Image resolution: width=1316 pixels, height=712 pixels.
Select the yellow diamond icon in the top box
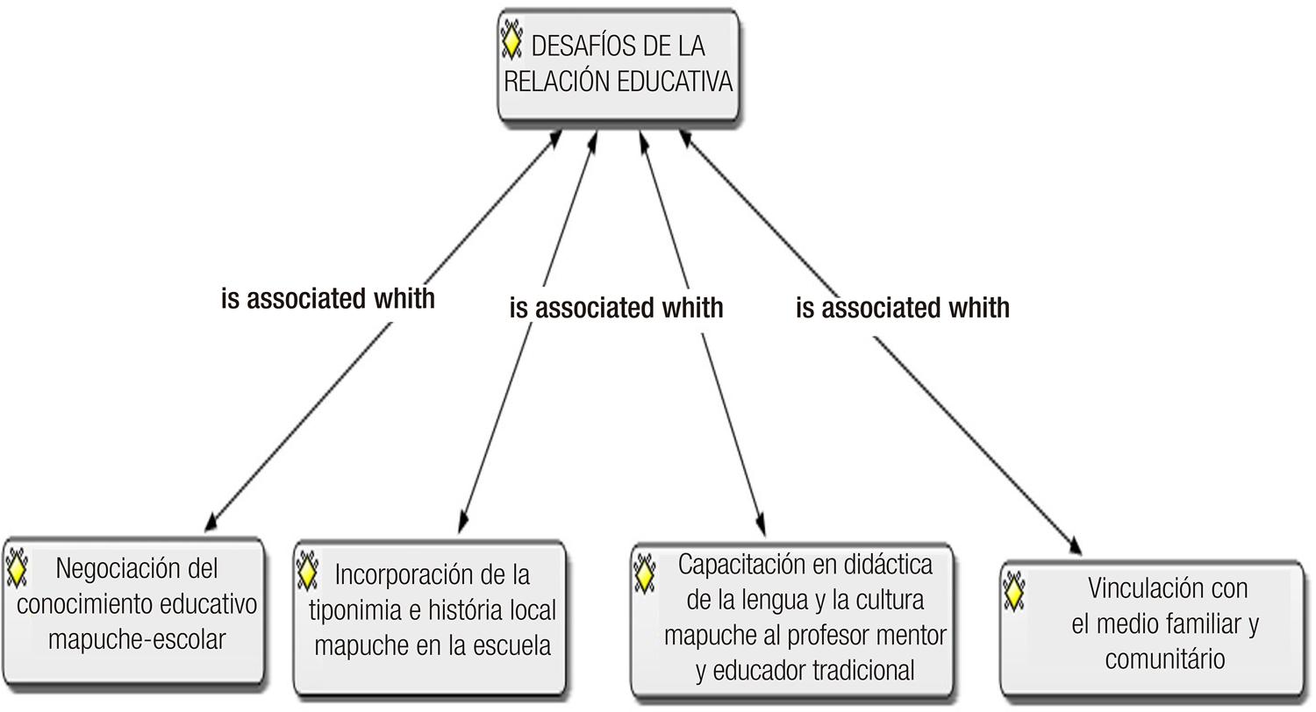click(x=511, y=41)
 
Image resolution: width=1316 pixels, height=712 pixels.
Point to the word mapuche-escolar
click(x=136, y=639)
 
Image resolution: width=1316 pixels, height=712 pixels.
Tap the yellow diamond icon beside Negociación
click(x=16, y=567)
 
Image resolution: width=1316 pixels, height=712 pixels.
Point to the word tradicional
click(x=863, y=671)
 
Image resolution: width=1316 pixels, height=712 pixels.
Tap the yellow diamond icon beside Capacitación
click(x=645, y=573)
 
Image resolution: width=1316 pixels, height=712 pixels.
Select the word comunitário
click(x=1164, y=659)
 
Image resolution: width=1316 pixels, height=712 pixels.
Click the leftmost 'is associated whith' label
click(x=328, y=298)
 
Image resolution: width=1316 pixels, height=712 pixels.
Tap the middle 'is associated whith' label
click(x=616, y=308)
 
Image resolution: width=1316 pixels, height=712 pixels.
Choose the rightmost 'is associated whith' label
click(x=903, y=308)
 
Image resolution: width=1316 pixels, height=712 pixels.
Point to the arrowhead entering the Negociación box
click(x=211, y=524)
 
